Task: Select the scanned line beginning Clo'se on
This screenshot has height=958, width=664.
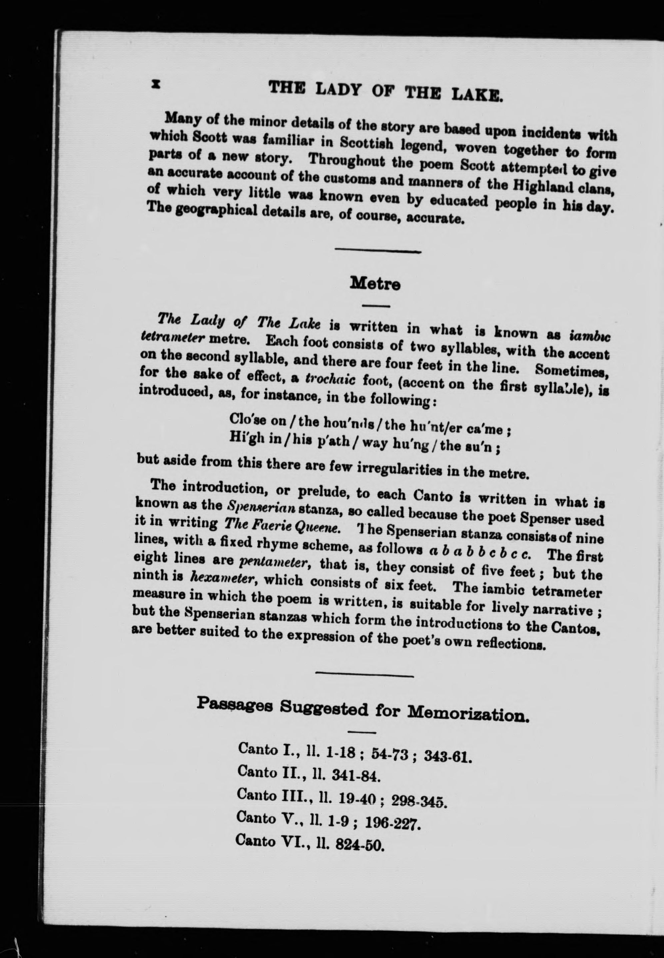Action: [x=370, y=425]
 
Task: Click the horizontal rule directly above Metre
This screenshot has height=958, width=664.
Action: [x=378, y=251]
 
